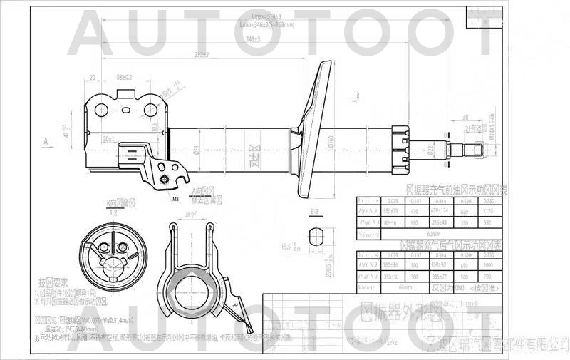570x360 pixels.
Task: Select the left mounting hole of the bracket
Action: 102,110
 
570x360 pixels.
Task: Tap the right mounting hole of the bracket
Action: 150,110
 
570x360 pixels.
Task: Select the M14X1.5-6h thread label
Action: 492,122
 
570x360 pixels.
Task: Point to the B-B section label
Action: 314,212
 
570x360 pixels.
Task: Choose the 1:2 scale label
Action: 111,212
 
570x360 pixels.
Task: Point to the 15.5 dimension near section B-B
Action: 288,247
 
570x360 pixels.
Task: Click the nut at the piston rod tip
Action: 477,149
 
